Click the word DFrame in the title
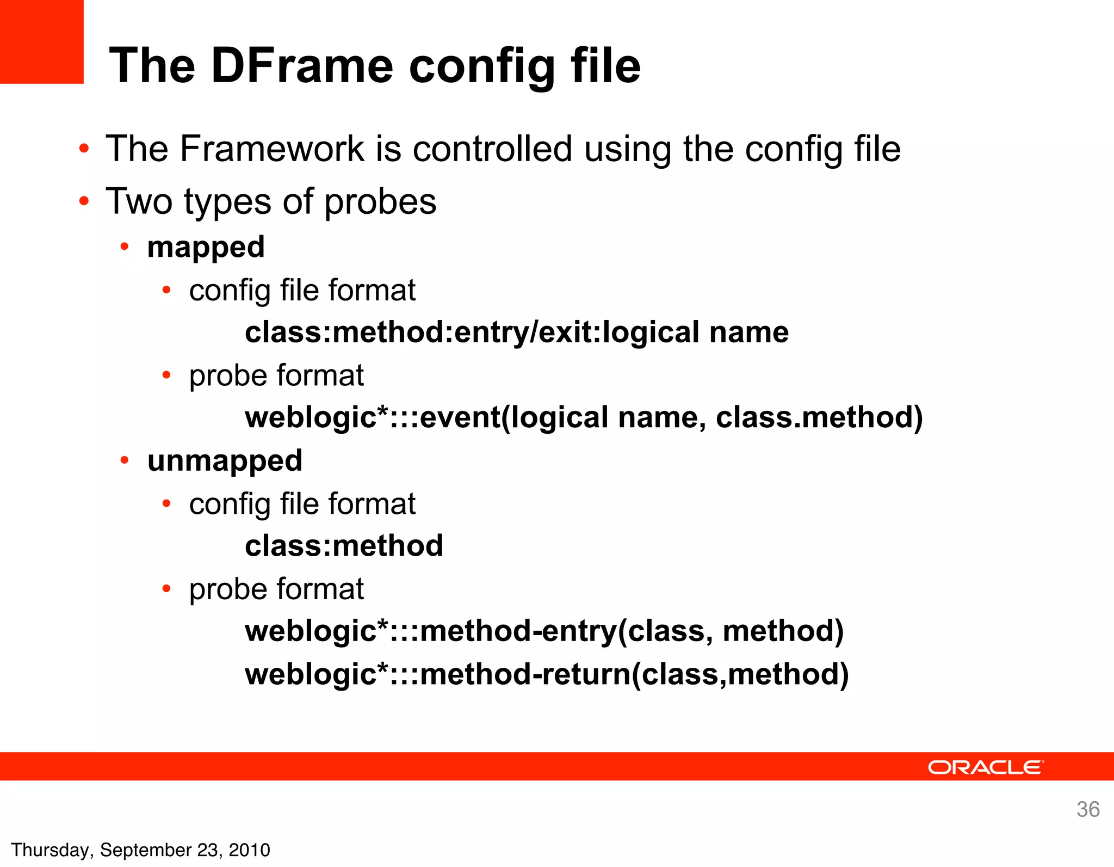tap(302, 66)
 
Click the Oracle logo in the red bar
tap(985, 767)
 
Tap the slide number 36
tap(1088, 809)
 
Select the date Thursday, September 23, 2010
tap(140, 850)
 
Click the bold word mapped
tap(206, 248)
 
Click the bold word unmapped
tap(225, 461)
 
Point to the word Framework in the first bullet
tap(272, 149)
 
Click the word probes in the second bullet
tap(380, 202)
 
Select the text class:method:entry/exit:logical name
tap(516, 333)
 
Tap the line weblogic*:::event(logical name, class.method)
tap(584, 417)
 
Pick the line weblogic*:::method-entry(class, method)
tap(544, 631)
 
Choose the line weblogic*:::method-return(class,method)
tap(547, 674)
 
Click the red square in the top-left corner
tap(41, 41)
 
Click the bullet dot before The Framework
tap(83, 149)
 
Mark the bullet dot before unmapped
tap(125, 461)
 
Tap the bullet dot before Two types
tap(83, 201)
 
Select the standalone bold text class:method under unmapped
tap(344, 546)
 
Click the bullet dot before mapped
tap(125, 248)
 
